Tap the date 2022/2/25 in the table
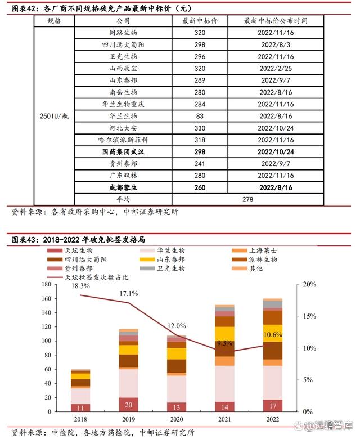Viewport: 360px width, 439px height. tap(276, 69)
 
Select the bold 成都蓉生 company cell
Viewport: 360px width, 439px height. tap(123, 187)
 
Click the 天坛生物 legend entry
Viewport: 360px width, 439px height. tap(78, 250)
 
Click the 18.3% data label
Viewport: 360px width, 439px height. tap(80, 286)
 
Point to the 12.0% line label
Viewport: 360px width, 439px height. tap(176, 326)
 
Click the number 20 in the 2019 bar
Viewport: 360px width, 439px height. tap(129, 405)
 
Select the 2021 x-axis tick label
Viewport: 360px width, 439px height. tap(225, 419)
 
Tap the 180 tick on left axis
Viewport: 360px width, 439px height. tap(46, 285)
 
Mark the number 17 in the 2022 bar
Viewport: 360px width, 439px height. tap(273, 406)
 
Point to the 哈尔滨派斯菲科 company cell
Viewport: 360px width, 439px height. tap(123, 140)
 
